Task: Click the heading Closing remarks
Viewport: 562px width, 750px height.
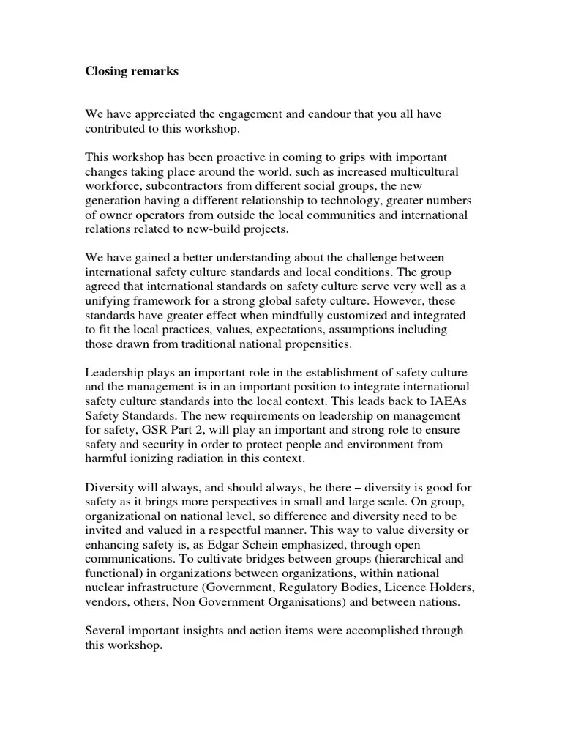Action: click(132, 72)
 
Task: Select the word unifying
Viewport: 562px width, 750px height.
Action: click(107, 300)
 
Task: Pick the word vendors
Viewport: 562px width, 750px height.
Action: click(107, 601)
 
